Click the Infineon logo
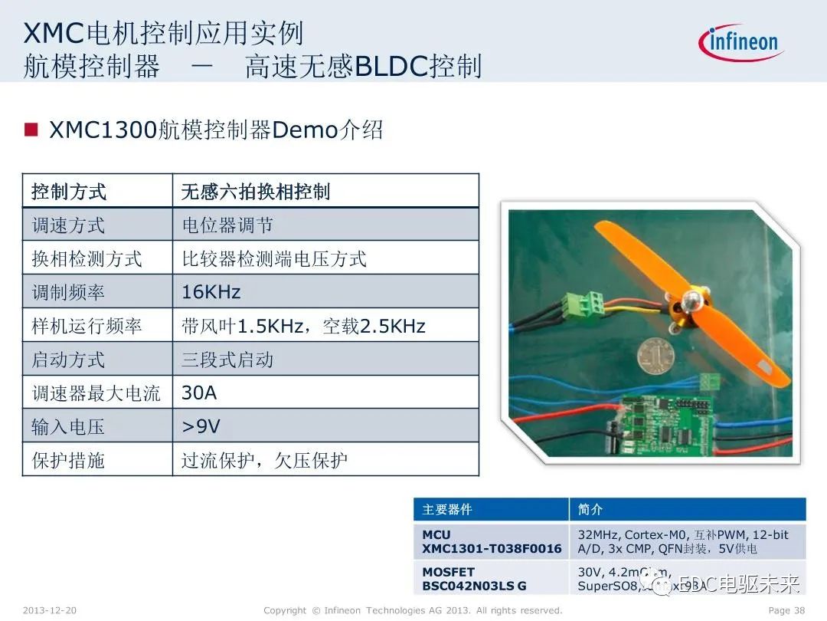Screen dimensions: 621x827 pos(740,42)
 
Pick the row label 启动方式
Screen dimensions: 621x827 pos(68,360)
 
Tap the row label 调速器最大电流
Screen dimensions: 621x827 pos(96,393)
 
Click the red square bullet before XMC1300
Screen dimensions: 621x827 pos(31,130)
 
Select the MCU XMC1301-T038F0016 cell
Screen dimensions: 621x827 pos(492,541)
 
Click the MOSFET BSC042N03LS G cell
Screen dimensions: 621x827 pos(492,579)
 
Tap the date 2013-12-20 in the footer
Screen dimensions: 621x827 pos(50,610)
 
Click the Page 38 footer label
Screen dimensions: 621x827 pos(786,610)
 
